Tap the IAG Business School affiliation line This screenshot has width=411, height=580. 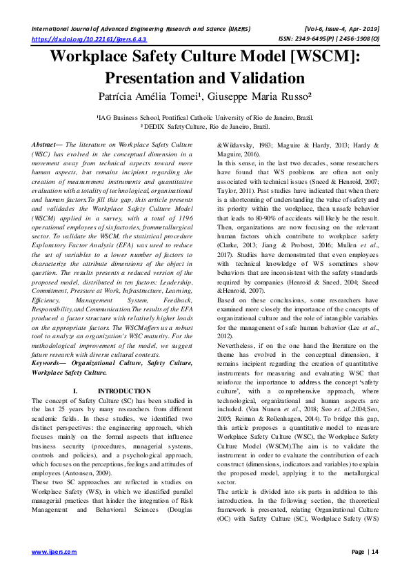tap(205, 118)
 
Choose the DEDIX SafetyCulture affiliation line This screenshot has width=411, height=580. tap(205, 127)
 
